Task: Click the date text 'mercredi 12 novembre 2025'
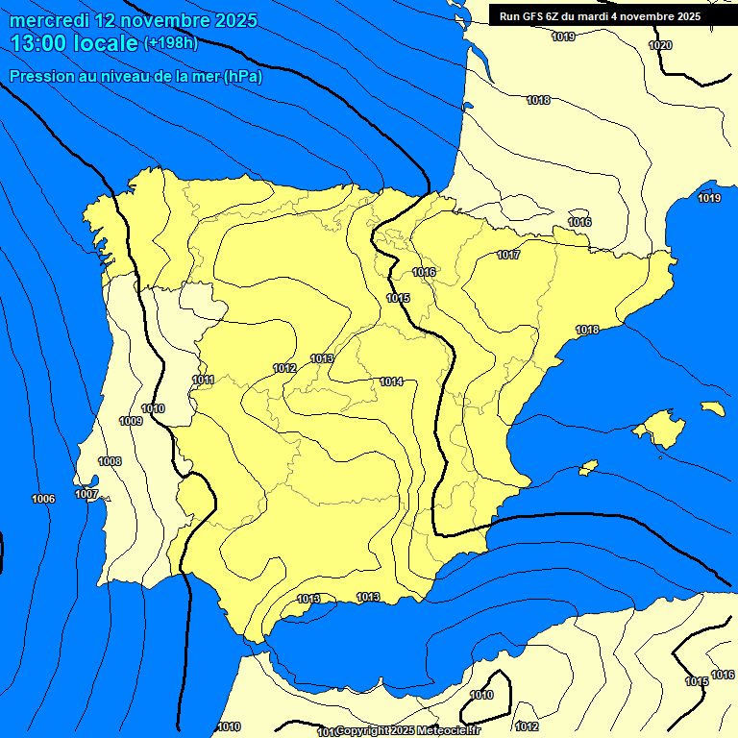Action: (134, 20)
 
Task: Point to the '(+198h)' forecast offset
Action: (172, 43)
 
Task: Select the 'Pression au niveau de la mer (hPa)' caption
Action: (135, 76)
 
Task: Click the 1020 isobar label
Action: (660, 45)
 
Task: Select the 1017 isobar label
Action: (508, 255)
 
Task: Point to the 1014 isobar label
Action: (390, 381)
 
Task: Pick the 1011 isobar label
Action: (203, 380)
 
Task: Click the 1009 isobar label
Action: (131, 421)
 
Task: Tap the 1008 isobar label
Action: (110, 461)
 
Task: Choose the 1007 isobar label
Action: (86, 494)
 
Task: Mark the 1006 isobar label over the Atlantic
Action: (43, 498)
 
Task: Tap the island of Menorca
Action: (712, 408)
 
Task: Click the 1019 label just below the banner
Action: (563, 37)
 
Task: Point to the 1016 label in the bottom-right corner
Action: (723, 675)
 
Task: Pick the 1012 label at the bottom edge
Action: (527, 726)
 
